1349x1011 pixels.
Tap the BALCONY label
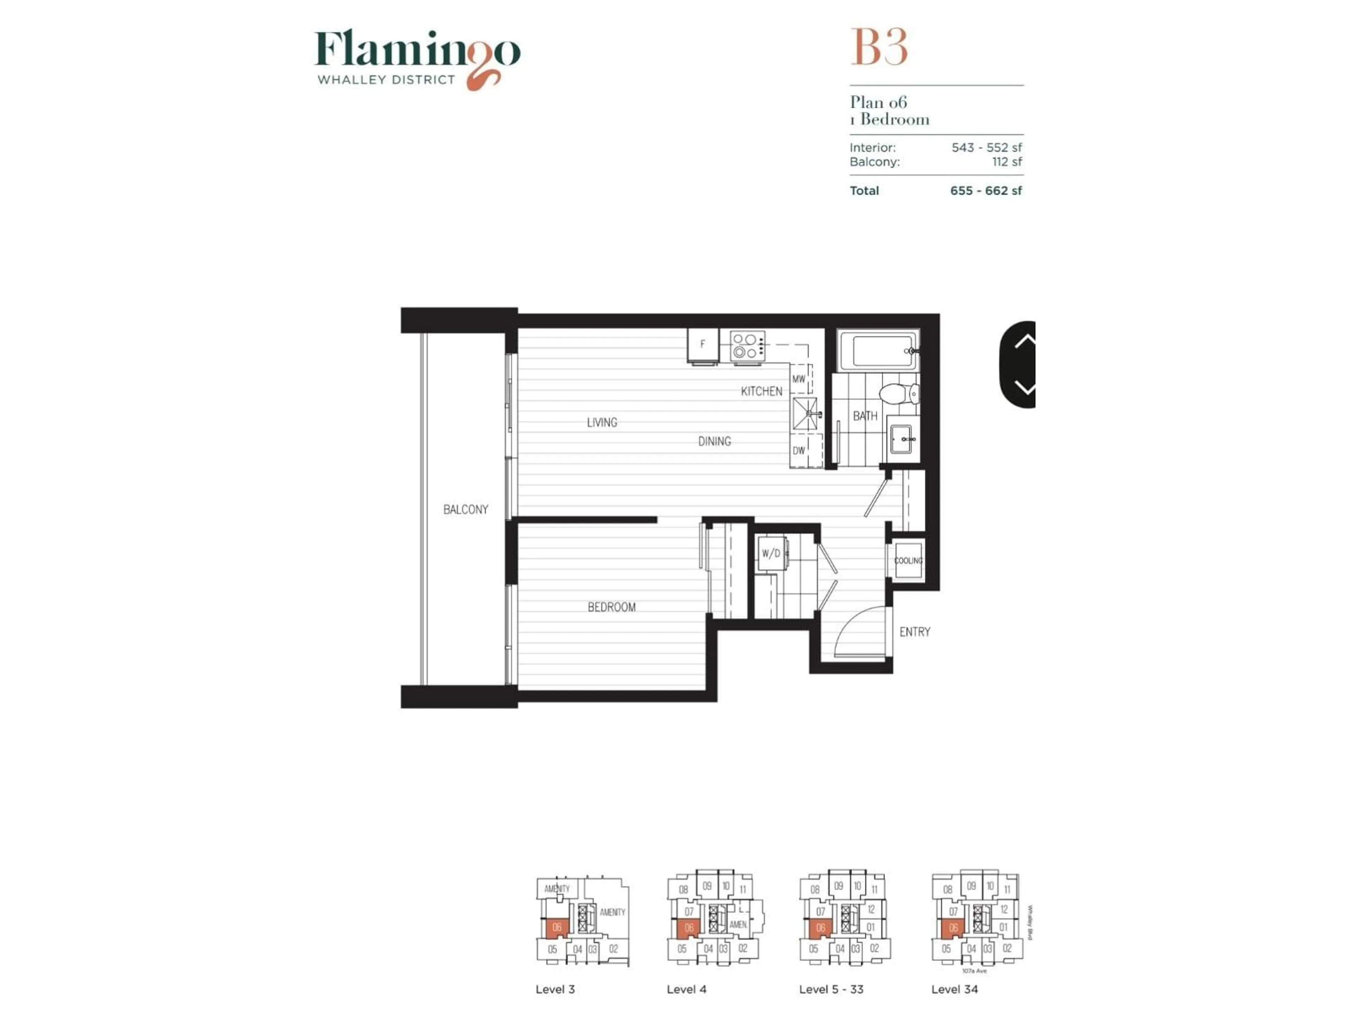pyautogui.click(x=465, y=509)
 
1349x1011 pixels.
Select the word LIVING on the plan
pyautogui.click(x=602, y=422)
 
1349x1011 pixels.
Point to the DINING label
pyautogui.click(x=714, y=441)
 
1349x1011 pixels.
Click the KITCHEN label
pyautogui.click(x=761, y=391)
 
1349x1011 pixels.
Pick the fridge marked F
pyautogui.click(x=703, y=345)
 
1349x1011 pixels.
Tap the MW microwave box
pyautogui.click(x=799, y=379)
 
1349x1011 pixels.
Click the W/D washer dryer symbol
pyautogui.click(x=771, y=553)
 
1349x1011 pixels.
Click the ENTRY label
pyautogui.click(x=915, y=632)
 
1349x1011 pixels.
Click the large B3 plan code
pyautogui.click(x=879, y=47)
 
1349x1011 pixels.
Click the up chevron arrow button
pyautogui.click(x=1024, y=341)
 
